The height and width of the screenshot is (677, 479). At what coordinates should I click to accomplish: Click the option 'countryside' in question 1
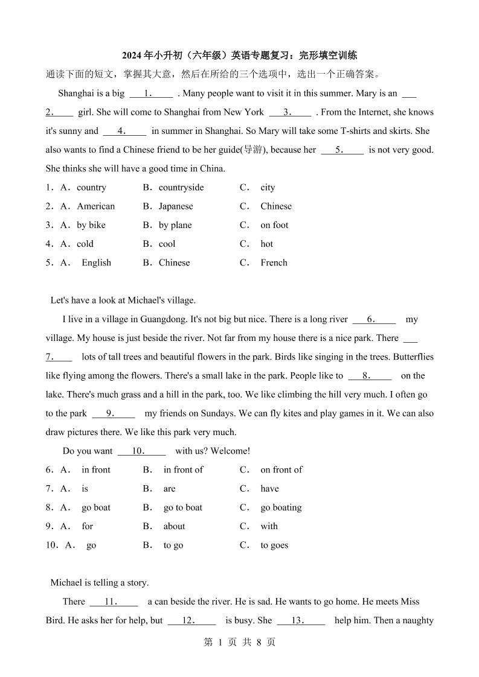click(x=181, y=187)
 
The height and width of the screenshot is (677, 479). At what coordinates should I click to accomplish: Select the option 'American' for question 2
click(x=95, y=206)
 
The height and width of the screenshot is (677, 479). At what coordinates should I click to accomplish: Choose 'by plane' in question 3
click(x=175, y=225)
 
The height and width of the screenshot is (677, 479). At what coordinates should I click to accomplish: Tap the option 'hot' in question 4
click(x=266, y=244)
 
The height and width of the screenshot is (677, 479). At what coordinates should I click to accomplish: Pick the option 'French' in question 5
click(x=274, y=262)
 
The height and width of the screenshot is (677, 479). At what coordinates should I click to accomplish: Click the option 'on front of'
click(x=281, y=469)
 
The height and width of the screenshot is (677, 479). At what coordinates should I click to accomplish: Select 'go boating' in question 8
click(x=281, y=507)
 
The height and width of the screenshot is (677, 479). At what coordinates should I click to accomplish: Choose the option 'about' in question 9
click(x=174, y=526)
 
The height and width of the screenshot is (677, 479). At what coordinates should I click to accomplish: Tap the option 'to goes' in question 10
click(x=274, y=545)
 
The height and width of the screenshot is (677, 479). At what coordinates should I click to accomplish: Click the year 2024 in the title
click(x=132, y=56)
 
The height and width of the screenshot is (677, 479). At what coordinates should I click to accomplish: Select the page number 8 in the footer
click(x=259, y=642)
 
